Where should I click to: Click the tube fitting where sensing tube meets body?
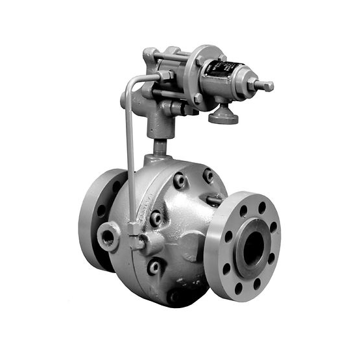point(136,241)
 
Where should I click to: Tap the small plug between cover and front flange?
point(213,200)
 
